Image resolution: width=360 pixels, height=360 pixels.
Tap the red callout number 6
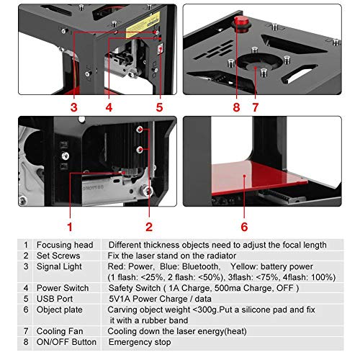pyautogui.click(x=244, y=226)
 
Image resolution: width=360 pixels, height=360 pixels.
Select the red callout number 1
pyautogui.click(x=70, y=226)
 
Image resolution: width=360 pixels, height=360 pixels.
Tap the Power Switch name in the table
pyautogui.click(x=65, y=287)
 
